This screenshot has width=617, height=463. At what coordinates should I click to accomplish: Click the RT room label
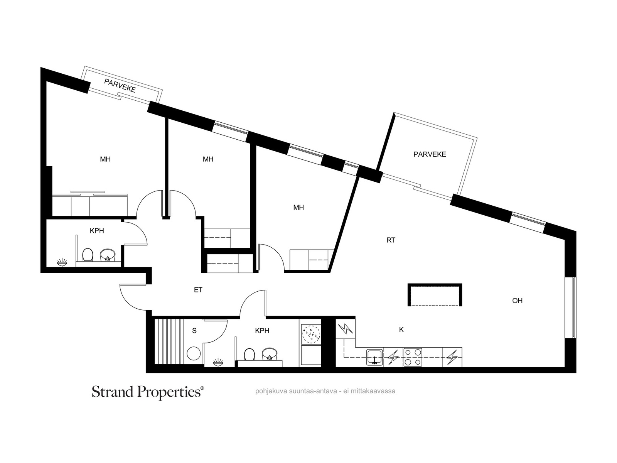pos(391,240)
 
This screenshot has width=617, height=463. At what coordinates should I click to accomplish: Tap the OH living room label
pos(517,301)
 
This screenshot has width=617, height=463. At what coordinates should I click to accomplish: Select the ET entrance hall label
pos(198,290)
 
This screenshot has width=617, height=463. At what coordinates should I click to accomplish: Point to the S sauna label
pos(194,331)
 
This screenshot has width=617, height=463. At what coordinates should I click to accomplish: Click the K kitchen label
pos(401,330)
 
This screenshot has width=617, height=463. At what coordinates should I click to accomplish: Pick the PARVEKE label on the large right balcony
pos(430,154)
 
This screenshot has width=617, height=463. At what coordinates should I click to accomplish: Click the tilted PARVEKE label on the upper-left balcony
pos(120,85)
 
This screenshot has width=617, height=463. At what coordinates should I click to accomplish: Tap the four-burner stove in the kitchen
pos(413,357)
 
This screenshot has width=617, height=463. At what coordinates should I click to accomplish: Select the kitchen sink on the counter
pos(375,357)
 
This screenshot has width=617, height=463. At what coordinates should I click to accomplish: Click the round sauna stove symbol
pos(194,353)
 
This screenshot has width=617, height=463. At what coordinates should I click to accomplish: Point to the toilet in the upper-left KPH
pos(88,255)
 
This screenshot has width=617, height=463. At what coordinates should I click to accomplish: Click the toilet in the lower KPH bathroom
pos(249,355)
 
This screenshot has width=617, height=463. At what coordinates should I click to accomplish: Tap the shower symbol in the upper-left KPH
pos(62,262)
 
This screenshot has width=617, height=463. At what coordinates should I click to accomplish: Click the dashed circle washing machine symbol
pos(311,334)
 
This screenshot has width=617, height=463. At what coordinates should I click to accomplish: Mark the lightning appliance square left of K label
pos(346,329)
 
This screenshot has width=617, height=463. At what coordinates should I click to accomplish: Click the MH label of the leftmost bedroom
pos(105,159)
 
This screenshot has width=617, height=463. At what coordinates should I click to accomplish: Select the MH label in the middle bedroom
pos(208,159)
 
